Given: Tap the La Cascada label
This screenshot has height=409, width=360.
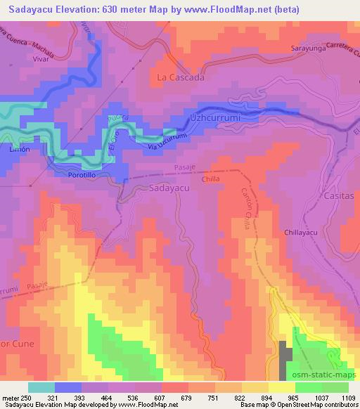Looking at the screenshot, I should (x=181, y=77).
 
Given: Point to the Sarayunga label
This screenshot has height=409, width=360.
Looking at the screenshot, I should (x=310, y=49).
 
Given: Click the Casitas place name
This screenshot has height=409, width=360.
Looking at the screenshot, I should (x=341, y=197).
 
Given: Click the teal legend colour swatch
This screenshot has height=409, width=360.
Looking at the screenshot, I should (x=41, y=387).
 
